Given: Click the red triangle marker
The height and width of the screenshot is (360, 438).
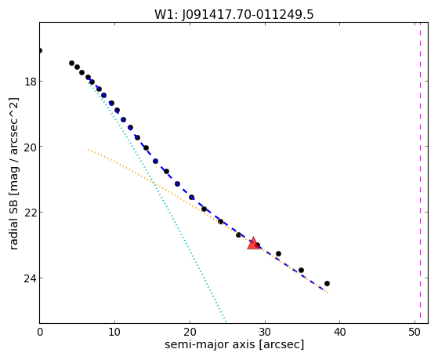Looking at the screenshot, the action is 254,243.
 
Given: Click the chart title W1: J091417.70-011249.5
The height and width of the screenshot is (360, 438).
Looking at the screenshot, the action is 234,14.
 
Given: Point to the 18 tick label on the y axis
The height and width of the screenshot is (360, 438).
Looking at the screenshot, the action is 30,82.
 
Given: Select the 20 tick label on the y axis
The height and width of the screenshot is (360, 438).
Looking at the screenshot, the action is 30,147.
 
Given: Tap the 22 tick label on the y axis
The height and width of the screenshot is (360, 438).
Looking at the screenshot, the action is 30,213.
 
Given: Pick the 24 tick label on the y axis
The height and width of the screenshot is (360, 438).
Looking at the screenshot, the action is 30,278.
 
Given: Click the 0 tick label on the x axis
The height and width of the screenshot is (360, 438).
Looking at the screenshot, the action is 40,332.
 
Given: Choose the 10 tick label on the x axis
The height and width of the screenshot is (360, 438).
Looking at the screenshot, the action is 114,332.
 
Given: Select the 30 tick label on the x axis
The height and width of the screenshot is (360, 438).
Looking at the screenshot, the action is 265,332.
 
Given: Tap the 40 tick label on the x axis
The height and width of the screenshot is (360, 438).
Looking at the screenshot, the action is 340,332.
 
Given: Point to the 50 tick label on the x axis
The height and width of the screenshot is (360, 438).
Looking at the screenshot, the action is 414,332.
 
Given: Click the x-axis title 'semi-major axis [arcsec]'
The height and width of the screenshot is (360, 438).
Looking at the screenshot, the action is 234,344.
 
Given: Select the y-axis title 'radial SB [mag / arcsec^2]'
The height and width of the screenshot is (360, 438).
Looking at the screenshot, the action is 13,173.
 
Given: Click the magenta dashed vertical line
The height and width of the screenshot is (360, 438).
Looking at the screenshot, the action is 420,173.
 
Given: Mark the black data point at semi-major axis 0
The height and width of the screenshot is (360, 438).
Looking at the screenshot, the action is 40,51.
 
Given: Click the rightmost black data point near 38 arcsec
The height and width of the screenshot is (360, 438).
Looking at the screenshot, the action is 327,283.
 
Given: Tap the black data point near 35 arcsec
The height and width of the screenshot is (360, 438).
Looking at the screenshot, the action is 301,271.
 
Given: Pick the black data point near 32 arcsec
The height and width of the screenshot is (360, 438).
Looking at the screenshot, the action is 278,253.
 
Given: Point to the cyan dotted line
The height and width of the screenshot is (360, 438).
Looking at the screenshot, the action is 157,201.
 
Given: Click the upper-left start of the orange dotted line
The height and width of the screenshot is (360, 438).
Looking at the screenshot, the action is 89,150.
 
